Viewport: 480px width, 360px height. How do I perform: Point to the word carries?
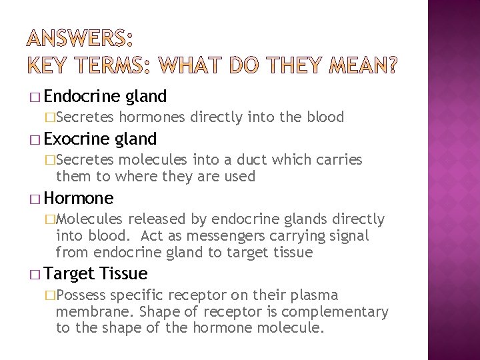coord(339,160)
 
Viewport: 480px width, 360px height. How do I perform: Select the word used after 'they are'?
coord(241,176)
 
